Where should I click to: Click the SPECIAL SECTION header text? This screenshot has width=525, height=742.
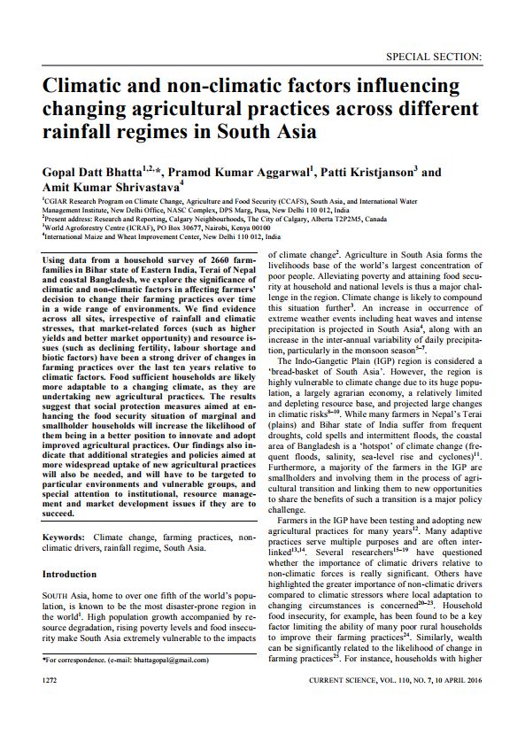[x=434, y=56]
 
